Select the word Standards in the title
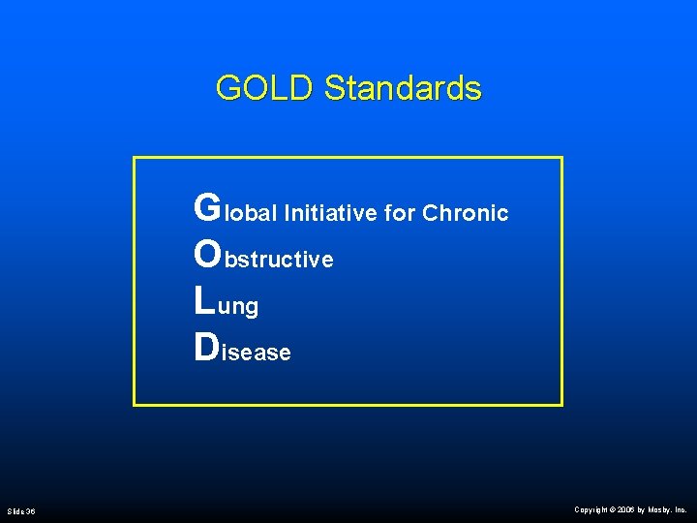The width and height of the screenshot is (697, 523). coord(403,88)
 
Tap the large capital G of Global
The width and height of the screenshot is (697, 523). coord(207,207)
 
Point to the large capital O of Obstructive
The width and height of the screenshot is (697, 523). coord(208,254)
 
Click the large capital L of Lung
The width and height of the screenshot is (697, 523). coord(204,301)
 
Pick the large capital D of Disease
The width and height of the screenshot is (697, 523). coord(206,348)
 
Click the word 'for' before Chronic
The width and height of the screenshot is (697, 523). coord(401,213)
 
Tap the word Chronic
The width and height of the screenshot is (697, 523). coord(466,213)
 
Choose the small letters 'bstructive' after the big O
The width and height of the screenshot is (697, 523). coord(279,260)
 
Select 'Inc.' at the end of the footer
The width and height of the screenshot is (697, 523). coord(682,509)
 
